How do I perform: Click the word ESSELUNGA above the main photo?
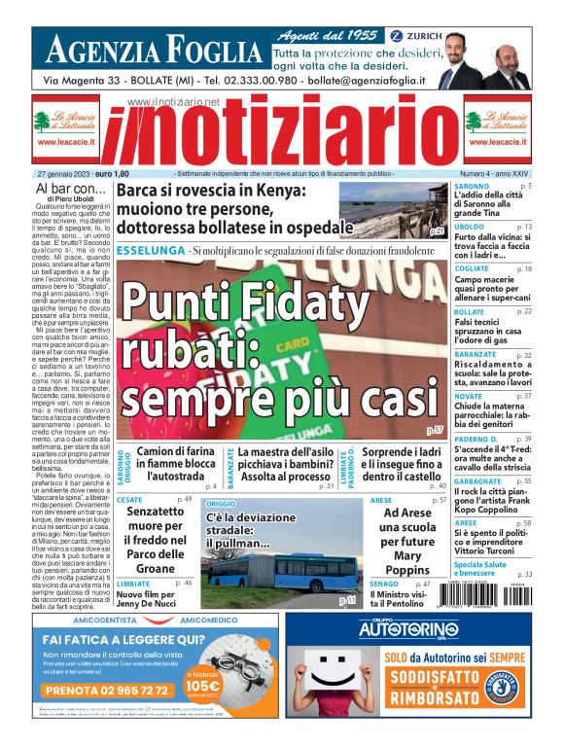tap(149, 251)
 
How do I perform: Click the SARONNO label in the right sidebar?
tap(472, 185)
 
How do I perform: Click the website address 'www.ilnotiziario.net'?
tap(174, 101)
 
